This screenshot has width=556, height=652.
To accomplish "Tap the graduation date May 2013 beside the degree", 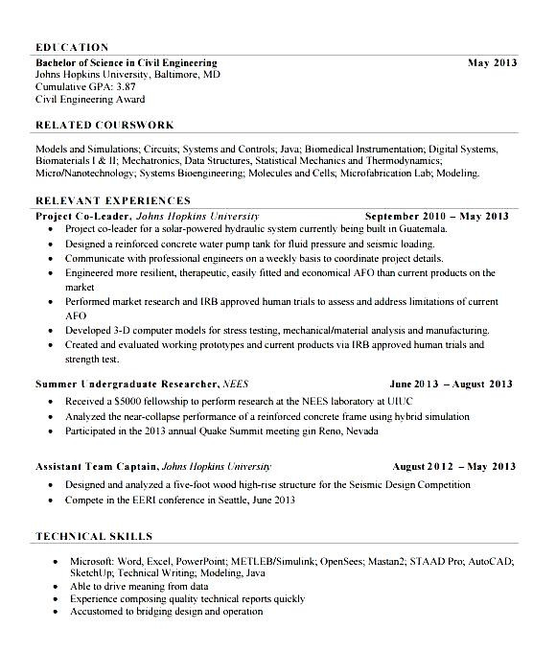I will [492, 62].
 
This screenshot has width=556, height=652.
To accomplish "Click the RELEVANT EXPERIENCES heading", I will [112, 200].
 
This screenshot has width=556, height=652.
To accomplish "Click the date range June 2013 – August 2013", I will [452, 384].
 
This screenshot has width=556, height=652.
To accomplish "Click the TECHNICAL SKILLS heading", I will [93, 536].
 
